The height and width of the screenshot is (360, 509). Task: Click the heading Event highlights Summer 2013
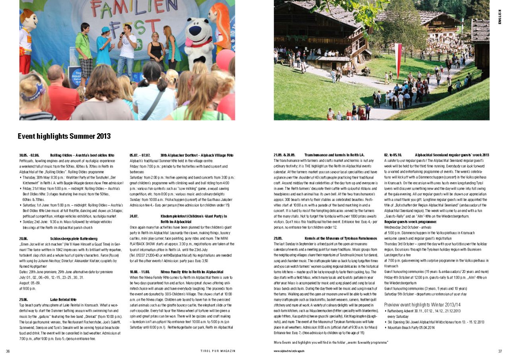coord(64,136)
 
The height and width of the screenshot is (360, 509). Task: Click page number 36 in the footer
coord(8,351)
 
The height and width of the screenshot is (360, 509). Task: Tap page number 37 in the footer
coord(500,351)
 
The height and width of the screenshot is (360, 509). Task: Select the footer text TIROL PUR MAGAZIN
coord(218,351)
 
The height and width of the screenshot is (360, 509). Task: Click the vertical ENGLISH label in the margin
coord(500,17)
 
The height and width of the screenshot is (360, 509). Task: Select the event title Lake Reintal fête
coord(63,299)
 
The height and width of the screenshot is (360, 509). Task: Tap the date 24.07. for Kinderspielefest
coord(134,216)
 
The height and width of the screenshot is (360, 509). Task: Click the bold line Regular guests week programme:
coord(410,222)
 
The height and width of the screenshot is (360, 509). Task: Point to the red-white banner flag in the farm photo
coord(398,60)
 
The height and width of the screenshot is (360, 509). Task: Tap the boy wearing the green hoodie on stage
coord(84,48)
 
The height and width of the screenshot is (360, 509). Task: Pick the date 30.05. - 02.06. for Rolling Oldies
coord(29,155)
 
